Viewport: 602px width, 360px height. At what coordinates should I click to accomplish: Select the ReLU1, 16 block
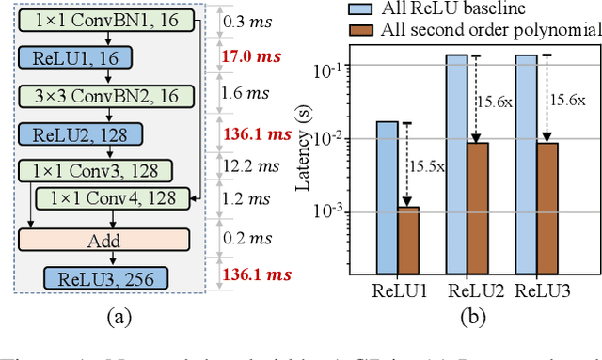click(56, 58)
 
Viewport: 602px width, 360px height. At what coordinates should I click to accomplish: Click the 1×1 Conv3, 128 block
click(95, 170)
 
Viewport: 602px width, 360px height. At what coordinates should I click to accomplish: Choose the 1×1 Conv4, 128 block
click(114, 198)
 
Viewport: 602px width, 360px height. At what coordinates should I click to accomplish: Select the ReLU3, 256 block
click(104, 277)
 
